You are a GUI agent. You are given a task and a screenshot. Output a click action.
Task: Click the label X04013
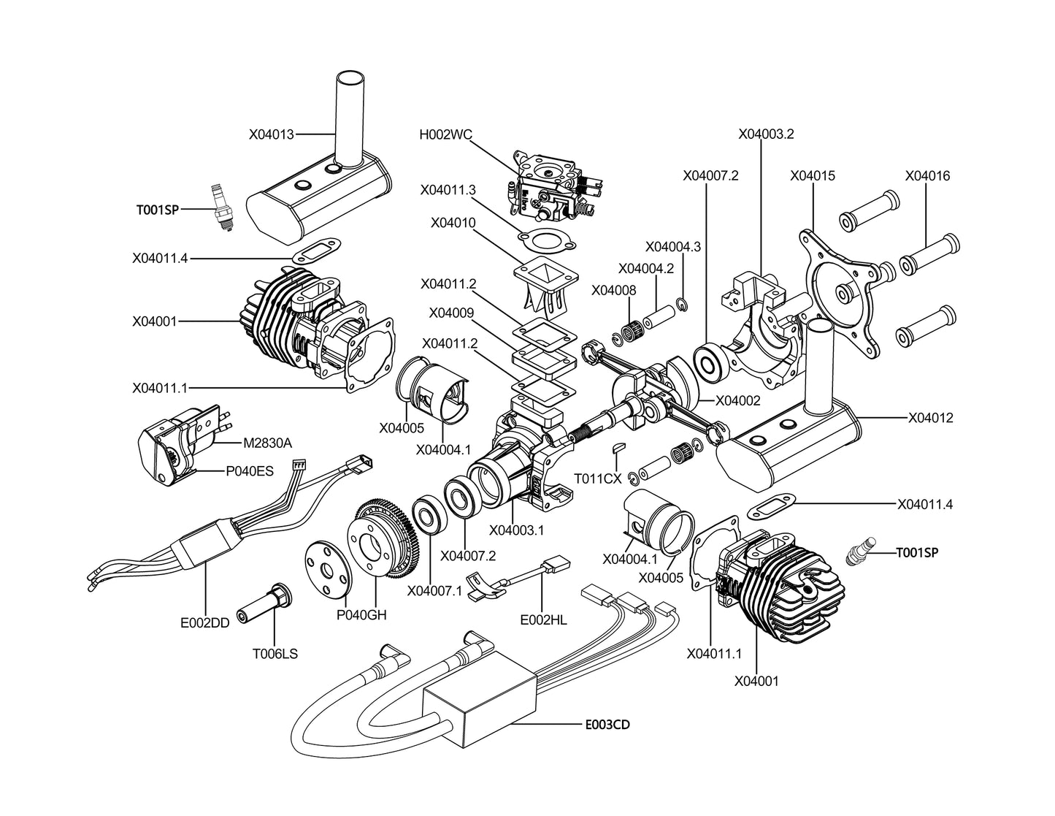pos(271,134)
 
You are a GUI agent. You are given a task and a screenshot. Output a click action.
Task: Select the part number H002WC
pos(445,134)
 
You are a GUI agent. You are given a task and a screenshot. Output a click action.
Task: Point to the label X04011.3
pos(448,189)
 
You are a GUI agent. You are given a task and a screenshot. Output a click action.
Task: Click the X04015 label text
pos(813,176)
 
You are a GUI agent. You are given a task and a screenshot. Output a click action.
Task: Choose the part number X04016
pos(927,176)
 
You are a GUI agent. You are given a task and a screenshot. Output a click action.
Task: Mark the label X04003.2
pos(766,134)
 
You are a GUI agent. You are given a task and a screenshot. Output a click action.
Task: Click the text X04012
pos(930,418)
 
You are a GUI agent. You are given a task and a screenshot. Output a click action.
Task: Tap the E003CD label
pos(607,725)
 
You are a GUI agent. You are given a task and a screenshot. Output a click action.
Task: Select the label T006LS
pos(275,655)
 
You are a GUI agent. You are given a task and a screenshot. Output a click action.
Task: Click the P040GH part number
pos(361,615)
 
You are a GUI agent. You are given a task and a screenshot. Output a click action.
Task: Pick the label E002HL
pos(543,619)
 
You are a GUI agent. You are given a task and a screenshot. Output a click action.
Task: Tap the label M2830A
pos(267,443)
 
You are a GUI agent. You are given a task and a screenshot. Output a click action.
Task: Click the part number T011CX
pos(597,478)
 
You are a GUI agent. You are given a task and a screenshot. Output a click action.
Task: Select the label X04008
pos(613,290)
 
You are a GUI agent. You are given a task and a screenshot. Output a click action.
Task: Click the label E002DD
pos(205,623)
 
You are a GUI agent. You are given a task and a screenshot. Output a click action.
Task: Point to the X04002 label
pos(737,400)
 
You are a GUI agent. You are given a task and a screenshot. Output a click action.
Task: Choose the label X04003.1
pos(516,530)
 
